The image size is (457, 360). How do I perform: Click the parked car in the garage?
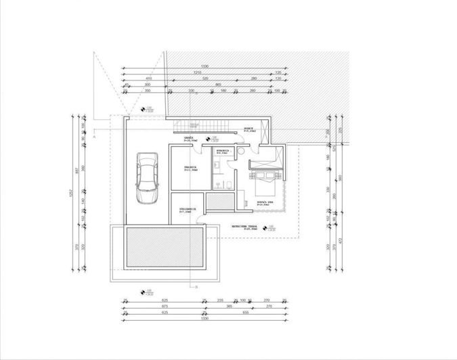point(146,177)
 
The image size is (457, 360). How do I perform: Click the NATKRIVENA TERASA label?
point(244,227)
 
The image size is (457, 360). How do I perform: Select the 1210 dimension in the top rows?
point(198,72)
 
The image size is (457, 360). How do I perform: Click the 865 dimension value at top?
point(218,85)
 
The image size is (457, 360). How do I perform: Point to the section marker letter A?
point(95,136)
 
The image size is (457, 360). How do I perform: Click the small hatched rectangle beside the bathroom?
point(219,202)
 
